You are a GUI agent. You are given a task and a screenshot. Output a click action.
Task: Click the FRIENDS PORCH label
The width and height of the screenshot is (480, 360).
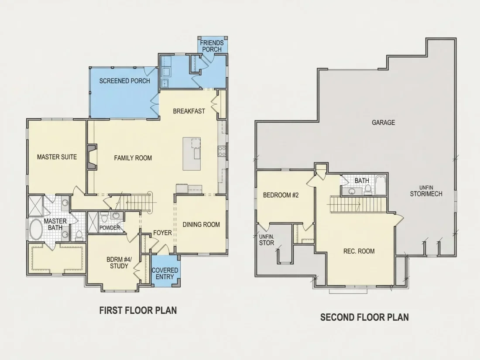point(212,46)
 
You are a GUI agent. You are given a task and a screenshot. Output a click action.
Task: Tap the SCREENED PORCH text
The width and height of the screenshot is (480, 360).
point(125,81)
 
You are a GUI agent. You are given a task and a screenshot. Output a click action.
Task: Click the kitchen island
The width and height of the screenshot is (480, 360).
point(192,154)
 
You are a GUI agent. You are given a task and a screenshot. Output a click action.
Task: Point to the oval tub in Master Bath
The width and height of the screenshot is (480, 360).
point(37,229)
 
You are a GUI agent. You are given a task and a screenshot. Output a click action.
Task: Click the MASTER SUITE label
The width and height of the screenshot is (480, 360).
point(57,157)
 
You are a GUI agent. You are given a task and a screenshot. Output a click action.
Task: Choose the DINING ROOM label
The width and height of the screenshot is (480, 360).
point(201,225)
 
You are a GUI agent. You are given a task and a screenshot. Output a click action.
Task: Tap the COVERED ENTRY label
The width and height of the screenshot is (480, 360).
point(165,273)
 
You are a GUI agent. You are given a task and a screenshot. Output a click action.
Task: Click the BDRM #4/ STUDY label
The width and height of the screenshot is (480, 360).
point(119,263)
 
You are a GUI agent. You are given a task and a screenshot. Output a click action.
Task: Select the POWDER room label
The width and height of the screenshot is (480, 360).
point(110,228)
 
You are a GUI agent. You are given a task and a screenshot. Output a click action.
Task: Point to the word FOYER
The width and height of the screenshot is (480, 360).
point(163,233)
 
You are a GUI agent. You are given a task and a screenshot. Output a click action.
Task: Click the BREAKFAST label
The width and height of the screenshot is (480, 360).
point(189,111)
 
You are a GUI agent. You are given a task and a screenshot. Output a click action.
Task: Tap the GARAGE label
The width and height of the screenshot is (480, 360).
point(383,123)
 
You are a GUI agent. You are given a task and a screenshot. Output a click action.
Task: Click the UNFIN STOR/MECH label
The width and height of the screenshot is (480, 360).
point(426,191)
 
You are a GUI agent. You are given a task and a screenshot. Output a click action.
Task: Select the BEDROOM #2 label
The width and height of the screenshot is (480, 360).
point(281,195)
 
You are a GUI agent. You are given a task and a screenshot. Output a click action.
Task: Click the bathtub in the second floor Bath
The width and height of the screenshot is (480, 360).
point(381,185)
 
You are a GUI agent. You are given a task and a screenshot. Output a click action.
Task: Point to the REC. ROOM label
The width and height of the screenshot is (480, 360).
point(359,251)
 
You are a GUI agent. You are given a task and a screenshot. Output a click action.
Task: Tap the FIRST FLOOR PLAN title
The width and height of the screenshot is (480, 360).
point(138,310)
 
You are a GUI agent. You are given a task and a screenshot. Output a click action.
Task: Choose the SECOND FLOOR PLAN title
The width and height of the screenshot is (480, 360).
point(365,317)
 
